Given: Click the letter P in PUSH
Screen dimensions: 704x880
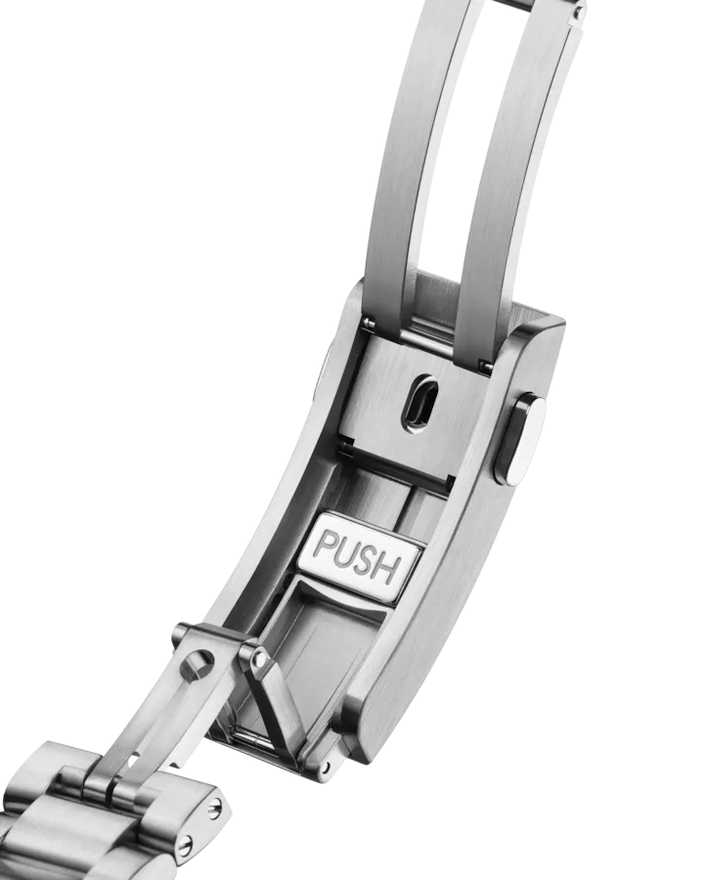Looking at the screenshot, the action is (325, 545).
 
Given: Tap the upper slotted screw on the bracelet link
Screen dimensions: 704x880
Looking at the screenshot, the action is (215, 809).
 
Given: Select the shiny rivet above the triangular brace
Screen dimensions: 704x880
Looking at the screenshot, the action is (259, 657).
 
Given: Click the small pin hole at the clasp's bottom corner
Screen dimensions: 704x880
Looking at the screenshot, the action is (324, 766).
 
